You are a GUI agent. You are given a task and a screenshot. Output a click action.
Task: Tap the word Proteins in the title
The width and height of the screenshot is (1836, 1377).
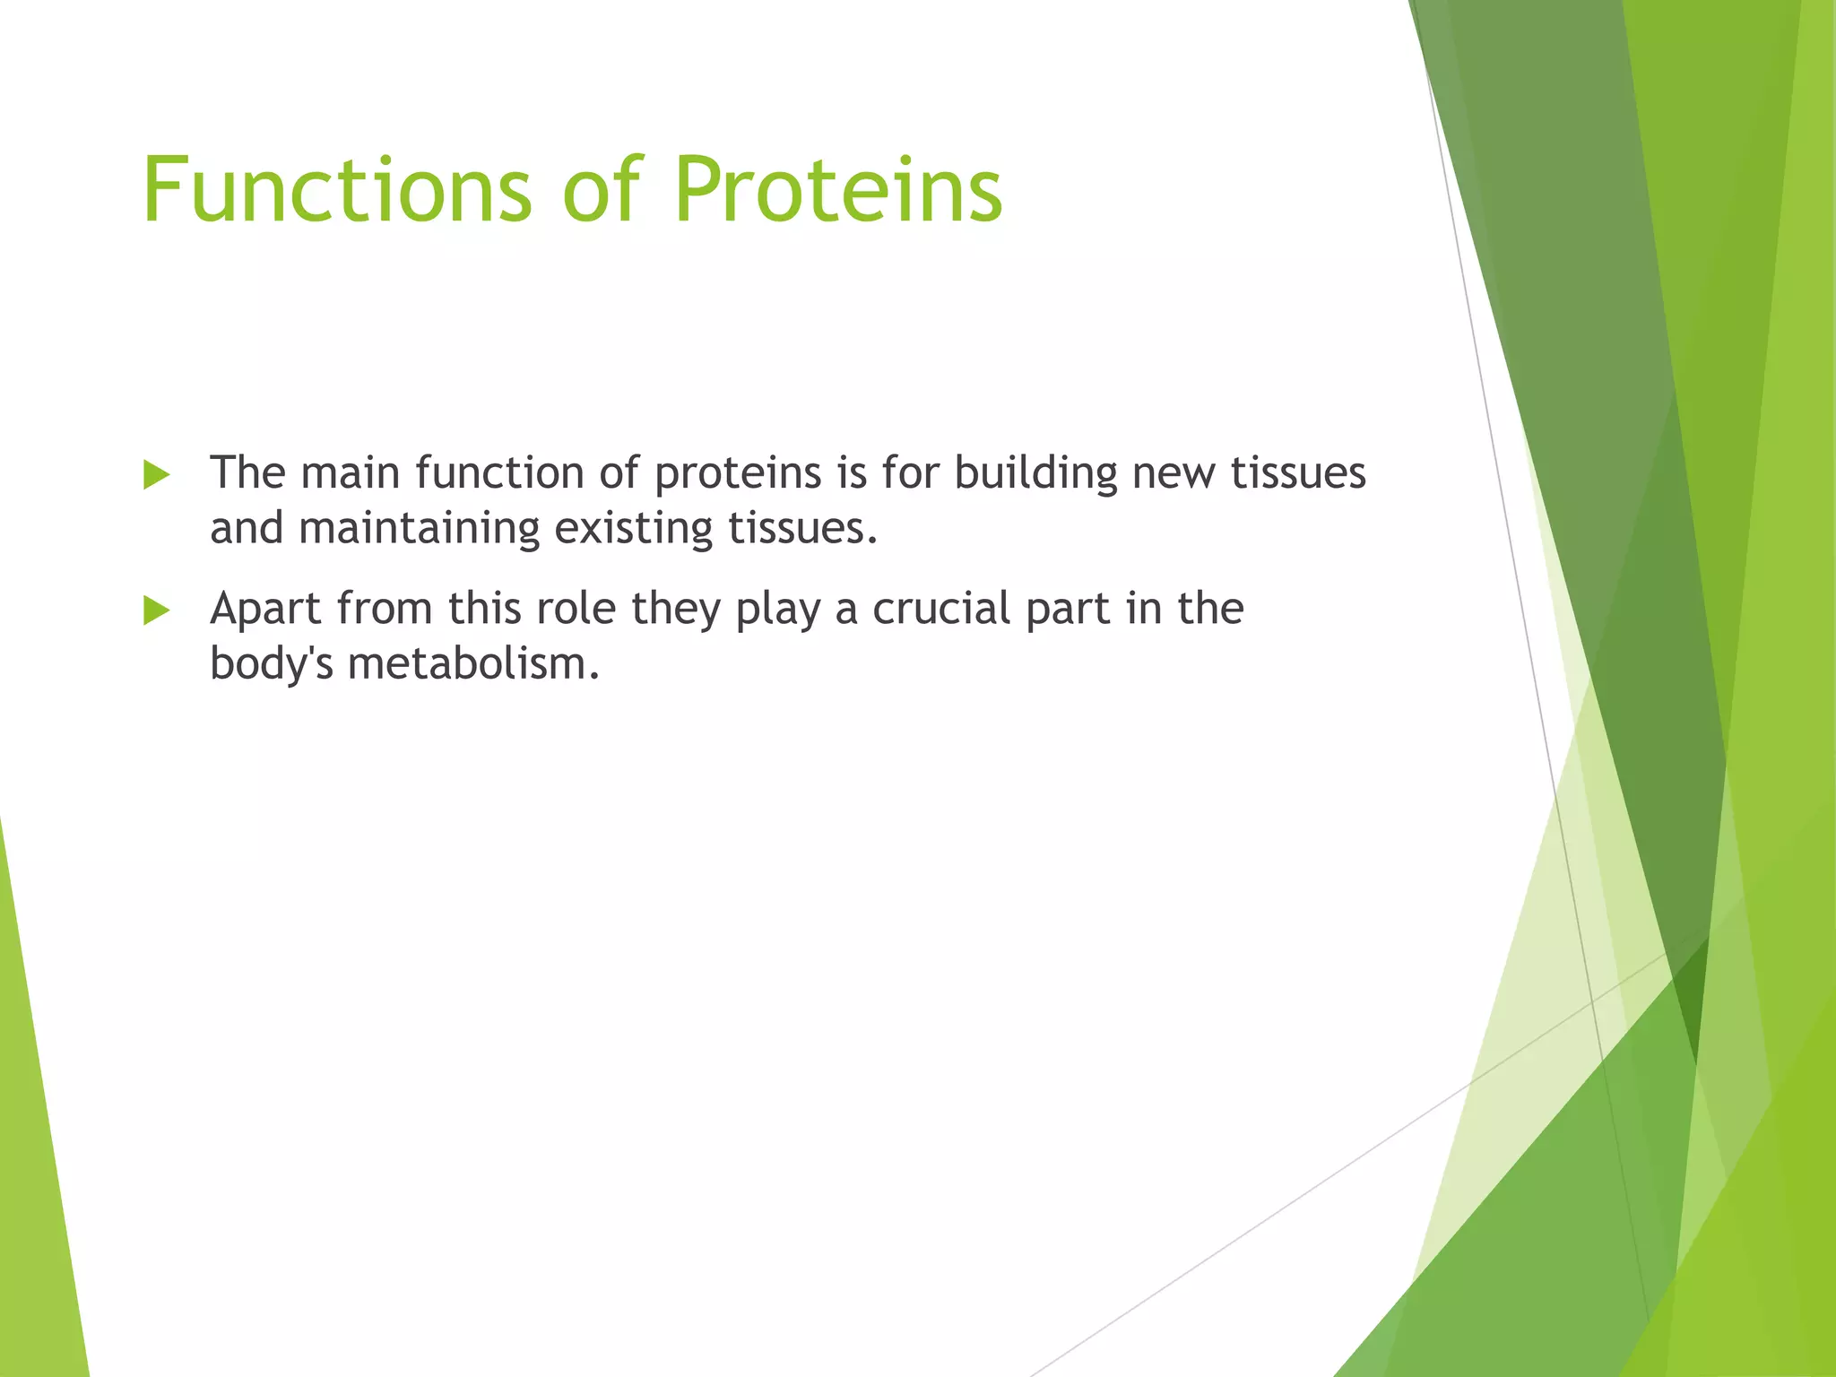(x=837, y=190)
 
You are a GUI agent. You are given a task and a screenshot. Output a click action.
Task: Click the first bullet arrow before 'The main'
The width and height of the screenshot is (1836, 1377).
(x=156, y=475)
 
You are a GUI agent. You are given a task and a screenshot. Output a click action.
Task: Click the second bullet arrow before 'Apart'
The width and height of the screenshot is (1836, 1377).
(x=156, y=611)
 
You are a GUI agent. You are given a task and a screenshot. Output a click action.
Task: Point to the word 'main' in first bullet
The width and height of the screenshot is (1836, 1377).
(x=351, y=472)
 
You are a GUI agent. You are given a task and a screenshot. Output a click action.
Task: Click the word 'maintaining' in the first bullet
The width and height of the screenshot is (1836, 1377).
(x=419, y=528)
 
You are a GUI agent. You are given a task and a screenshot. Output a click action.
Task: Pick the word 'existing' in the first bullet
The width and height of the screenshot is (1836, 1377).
(x=633, y=528)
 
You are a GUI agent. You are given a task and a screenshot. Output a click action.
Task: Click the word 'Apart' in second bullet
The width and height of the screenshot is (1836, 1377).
(x=265, y=609)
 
